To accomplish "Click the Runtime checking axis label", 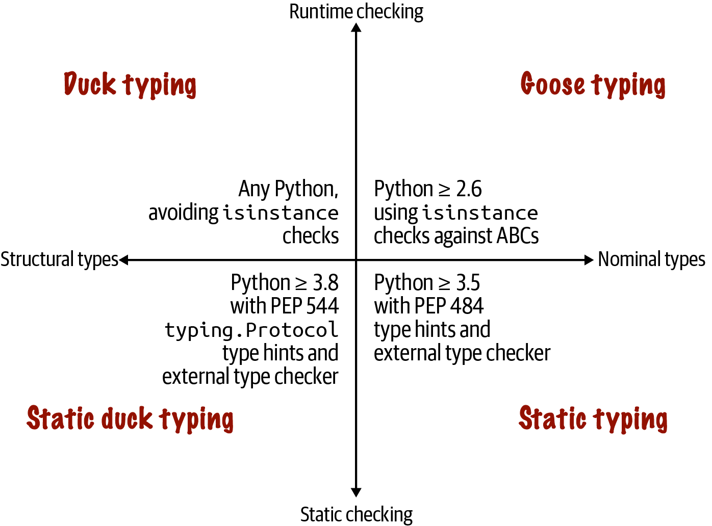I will pos(356,12).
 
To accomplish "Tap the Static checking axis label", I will pos(356,514).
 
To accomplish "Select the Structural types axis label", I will pos(59,259).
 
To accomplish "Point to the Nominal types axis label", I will pos(651,259).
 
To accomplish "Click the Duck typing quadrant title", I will pos(130,85).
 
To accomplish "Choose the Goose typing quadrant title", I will pos(593,85).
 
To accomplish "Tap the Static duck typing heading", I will pos(130,419).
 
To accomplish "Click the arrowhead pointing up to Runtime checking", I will pos(356,28).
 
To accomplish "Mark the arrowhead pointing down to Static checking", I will pos(356,492).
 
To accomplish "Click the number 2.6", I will pos(469,189).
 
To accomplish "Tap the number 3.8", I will pos(325,282).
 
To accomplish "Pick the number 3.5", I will pos(468,282).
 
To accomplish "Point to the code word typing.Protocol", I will pos(251,330).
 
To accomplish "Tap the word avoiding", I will pos(184,213).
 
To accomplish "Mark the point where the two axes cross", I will pos(356,260).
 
